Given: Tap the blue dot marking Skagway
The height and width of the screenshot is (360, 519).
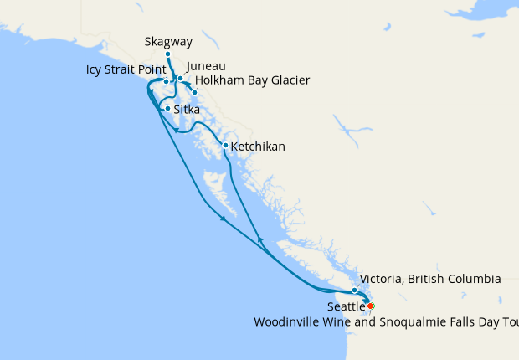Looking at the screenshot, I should (x=167, y=54).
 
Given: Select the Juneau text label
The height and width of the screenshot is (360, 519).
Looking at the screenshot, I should (x=207, y=66).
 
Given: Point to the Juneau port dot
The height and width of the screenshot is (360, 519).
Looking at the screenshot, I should (x=180, y=79).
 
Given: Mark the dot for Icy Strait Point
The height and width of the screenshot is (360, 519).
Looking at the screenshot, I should (x=167, y=82).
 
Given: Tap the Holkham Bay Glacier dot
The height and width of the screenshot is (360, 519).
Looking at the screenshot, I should (x=195, y=92).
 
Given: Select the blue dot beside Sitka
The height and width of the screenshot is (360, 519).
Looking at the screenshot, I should (x=168, y=109).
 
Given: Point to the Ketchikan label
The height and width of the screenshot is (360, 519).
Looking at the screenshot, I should (x=258, y=147).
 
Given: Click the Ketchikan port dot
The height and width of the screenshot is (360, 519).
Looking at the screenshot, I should (x=225, y=146).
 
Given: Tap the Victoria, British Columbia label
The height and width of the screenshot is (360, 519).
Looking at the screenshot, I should (x=429, y=278).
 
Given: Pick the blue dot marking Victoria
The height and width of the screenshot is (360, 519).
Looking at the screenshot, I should (x=355, y=291).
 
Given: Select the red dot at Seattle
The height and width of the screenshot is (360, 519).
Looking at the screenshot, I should (x=371, y=306).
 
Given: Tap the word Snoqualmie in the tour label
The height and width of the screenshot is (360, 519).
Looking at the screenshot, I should (x=435, y=322).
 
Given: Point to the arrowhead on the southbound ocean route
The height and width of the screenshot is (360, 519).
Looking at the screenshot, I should (x=224, y=219).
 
